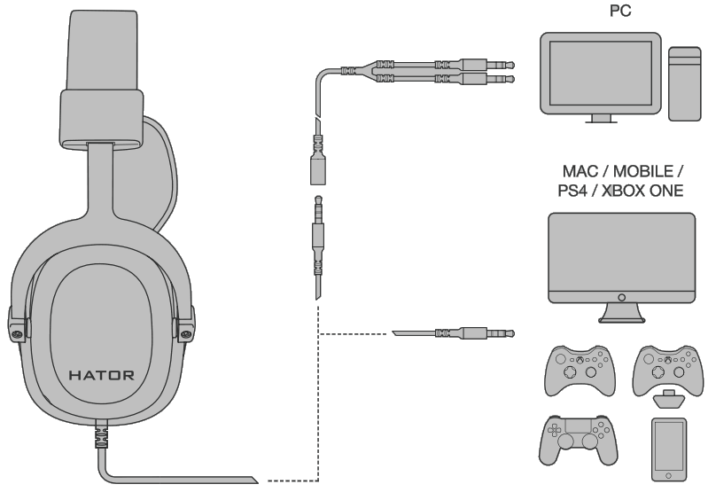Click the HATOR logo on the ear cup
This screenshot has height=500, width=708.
103,375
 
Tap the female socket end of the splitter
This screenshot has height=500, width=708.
316,170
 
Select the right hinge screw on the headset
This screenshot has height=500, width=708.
186,333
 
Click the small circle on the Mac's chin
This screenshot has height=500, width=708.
619,295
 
